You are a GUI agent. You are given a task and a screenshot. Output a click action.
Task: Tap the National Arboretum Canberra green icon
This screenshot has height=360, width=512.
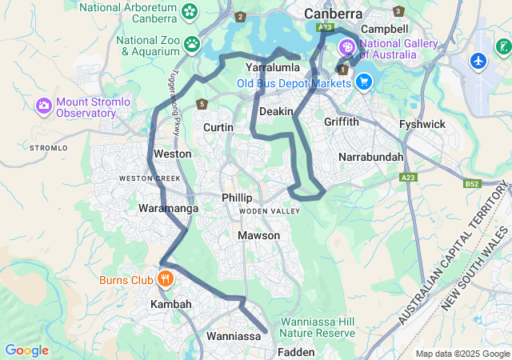[x=190, y=11]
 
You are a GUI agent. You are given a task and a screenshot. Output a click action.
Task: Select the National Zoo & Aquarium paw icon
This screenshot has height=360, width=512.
[x=191, y=43]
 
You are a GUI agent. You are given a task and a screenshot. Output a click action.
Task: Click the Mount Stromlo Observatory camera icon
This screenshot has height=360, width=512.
[x=44, y=106]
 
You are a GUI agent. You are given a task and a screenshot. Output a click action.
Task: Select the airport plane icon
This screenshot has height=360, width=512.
[x=478, y=61]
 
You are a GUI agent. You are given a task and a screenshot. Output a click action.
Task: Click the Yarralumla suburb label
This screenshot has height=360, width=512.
[x=273, y=68]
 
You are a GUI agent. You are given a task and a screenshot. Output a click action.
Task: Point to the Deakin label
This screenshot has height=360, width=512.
[x=276, y=111]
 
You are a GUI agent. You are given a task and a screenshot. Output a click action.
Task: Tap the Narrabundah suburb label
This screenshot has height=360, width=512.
[x=371, y=157]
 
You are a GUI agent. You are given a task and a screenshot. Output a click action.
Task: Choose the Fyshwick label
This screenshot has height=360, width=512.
[x=422, y=124]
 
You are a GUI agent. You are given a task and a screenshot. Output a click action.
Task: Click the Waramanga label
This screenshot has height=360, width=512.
[x=169, y=208]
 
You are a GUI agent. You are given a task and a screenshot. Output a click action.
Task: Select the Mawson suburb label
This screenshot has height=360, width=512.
[x=258, y=235]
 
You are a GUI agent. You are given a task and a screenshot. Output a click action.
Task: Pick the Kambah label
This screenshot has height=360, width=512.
[x=171, y=305]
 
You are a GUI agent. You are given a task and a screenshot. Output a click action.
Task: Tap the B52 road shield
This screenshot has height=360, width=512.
[x=471, y=184]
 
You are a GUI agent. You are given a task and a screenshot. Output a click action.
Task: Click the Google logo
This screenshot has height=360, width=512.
[x=26, y=350]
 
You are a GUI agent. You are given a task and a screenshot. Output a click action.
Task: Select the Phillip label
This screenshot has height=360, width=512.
[x=237, y=198]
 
